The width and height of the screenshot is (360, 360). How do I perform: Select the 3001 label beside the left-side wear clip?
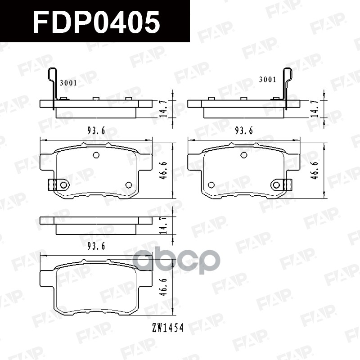coord(68,83)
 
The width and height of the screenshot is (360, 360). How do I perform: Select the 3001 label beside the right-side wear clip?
coord(267,80)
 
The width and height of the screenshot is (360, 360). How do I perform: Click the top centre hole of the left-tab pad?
coord(96,155)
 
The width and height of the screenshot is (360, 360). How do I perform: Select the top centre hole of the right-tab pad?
coord(244,155)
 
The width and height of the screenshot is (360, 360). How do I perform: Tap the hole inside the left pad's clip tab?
coord(63,185)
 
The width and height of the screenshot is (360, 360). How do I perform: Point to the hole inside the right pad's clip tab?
coord(276,184)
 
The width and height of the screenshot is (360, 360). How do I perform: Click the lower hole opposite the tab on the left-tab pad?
coord(129,185)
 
